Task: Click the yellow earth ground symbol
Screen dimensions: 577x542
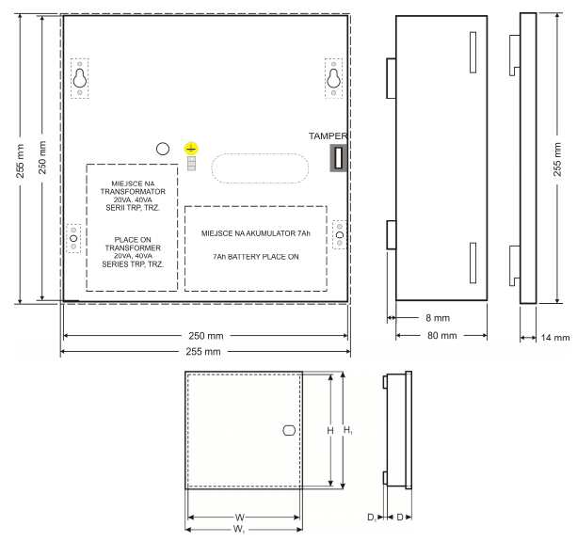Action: [191, 149]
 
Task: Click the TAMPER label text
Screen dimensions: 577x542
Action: [328, 136]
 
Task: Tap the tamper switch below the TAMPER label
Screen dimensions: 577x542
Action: [339, 158]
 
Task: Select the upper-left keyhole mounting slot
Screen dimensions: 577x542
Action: [79, 78]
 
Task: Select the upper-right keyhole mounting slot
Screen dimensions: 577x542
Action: [334, 78]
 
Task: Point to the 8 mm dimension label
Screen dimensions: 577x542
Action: [438, 318]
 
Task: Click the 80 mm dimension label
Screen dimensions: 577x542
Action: [442, 336]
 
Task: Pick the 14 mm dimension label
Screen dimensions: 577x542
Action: [555, 338]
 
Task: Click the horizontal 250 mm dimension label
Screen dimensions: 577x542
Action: [206, 336]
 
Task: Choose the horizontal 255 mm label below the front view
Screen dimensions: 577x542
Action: [203, 351]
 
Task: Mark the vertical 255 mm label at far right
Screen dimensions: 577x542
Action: [557, 159]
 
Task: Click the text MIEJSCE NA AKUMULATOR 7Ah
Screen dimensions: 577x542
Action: [256, 233]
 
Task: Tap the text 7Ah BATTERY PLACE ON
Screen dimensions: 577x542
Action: [256, 257]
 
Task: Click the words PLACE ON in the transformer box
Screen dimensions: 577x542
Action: [133, 240]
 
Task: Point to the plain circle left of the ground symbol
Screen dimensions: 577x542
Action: [163, 149]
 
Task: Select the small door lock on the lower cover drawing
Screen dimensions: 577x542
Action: [289, 430]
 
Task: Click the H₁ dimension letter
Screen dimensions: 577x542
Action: [347, 430]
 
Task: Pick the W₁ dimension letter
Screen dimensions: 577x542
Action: [239, 530]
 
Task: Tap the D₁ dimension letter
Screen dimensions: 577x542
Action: [372, 518]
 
